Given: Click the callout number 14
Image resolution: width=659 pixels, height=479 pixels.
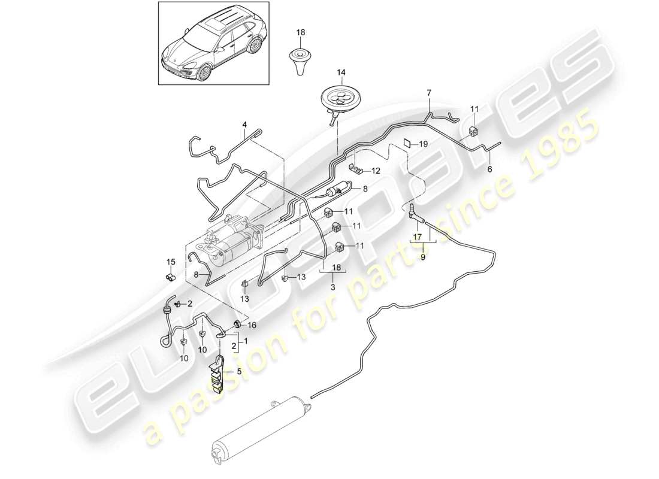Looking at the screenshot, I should (341, 73).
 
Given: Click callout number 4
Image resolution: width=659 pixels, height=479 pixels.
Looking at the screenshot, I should (244, 125).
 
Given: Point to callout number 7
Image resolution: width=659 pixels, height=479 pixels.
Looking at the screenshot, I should (428, 93).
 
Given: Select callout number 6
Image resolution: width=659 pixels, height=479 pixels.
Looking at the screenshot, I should (491, 169).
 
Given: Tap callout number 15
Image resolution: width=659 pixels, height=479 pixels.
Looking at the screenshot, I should (169, 261).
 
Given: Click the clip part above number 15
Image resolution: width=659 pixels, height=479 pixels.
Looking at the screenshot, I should (170, 277).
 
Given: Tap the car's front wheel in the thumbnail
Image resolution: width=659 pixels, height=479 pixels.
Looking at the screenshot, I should (204, 72).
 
